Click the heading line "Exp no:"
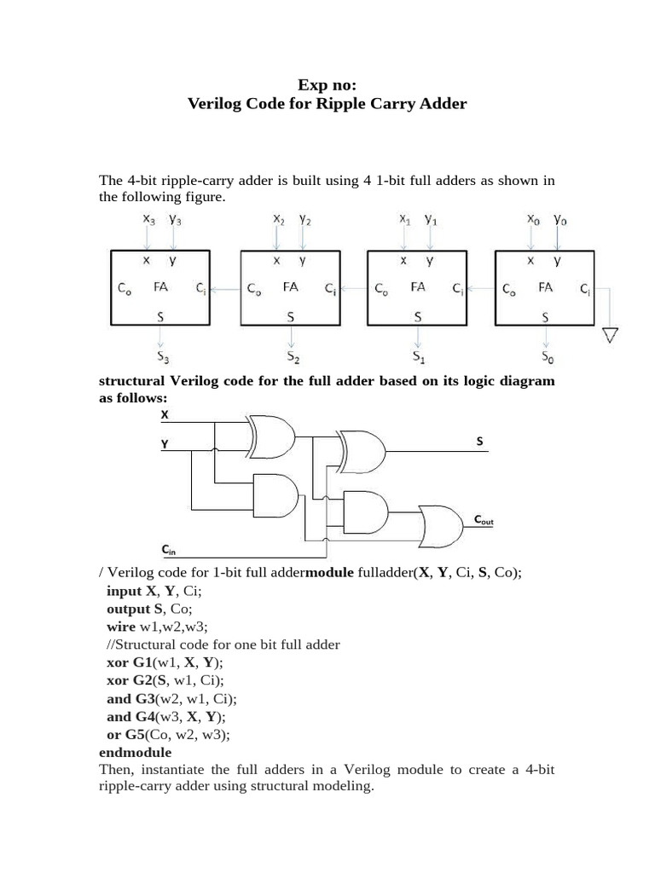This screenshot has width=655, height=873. pyautogui.click(x=327, y=84)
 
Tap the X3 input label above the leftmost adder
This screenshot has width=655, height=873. pyautogui.click(x=149, y=220)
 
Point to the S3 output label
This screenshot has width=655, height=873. pyautogui.click(x=161, y=356)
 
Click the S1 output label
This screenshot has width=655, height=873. pyautogui.click(x=418, y=356)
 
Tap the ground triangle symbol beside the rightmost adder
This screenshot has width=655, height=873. pyautogui.click(x=609, y=334)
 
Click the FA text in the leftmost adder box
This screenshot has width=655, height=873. pyautogui.click(x=160, y=287)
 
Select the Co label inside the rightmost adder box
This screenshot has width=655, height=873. pyautogui.click(x=509, y=289)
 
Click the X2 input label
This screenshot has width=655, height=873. pyautogui.click(x=279, y=220)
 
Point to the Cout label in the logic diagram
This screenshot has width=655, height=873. pyautogui.click(x=484, y=519)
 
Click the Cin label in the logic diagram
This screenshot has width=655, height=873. pyautogui.click(x=169, y=551)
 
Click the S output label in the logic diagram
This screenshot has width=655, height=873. pyautogui.click(x=479, y=441)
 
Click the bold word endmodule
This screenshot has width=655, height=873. pyautogui.click(x=136, y=753)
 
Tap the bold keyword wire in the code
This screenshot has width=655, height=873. pyautogui.click(x=121, y=627)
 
